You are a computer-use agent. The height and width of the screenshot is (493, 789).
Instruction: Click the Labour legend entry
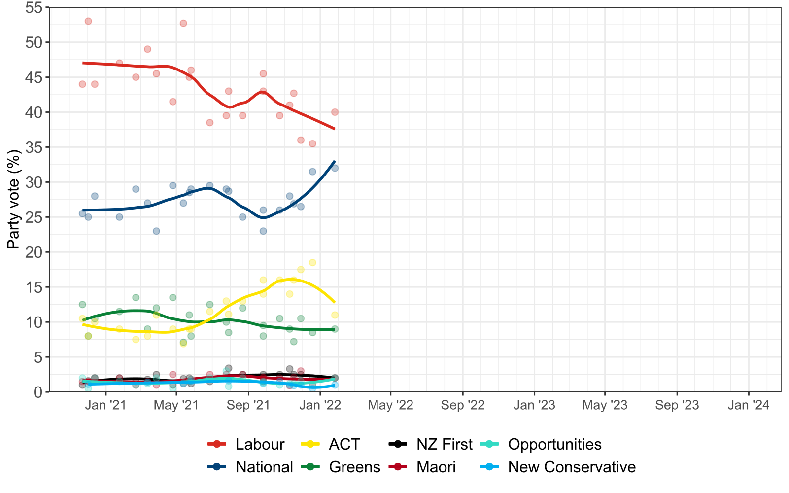[260, 444]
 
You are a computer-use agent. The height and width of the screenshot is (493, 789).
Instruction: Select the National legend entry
[264, 467]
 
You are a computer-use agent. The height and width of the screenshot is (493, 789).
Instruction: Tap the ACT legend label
[344, 444]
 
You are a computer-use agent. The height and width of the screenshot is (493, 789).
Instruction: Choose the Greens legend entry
[354, 467]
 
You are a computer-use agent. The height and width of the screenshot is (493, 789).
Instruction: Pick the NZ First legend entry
[444, 444]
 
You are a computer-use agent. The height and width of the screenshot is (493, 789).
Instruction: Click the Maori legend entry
[436, 467]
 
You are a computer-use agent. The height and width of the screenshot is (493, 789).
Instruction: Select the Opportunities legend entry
[554, 444]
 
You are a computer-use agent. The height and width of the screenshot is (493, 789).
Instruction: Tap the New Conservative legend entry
[572, 467]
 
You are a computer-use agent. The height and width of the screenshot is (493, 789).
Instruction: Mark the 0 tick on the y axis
[38, 392]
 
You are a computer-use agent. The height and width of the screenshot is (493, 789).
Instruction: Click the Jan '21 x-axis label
[105, 405]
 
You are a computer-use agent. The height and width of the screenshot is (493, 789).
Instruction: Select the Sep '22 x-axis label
[463, 405]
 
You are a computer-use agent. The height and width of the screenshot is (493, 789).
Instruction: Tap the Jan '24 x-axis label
[749, 405]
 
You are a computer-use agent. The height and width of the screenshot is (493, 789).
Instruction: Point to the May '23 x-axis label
[605, 405]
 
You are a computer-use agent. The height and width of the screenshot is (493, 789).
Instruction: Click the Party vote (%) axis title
[14, 200]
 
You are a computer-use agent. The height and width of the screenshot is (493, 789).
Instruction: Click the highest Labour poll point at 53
[88, 21]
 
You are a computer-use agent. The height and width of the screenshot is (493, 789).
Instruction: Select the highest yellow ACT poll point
[312, 263]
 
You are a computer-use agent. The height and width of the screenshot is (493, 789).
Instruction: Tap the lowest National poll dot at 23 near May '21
[156, 231]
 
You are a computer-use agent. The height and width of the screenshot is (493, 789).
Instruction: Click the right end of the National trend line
[335, 162]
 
